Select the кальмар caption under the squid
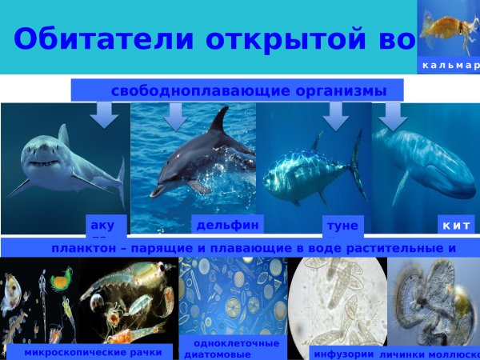pyautogui.click(x=450, y=65)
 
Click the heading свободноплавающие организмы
pyautogui.click(x=248, y=90)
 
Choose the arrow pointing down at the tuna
pyautogui.click(x=335, y=116)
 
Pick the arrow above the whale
pyautogui.click(x=393, y=117)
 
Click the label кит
pyautogui.click(x=456, y=226)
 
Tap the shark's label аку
pyautogui.click(x=103, y=226)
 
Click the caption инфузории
pyautogui.click(x=343, y=352)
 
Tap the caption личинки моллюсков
pyautogui.click(x=429, y=352)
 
